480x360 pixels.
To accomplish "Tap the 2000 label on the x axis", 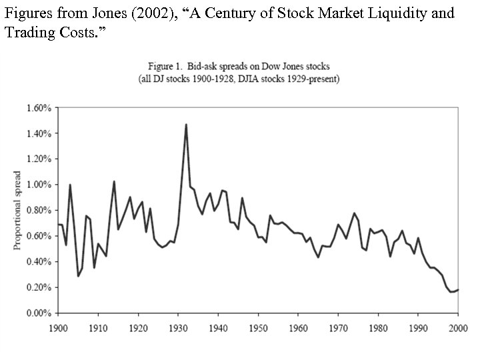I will (457, 328).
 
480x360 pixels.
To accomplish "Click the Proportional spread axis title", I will (18, 210).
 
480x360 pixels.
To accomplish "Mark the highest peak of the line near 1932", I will (186, 124).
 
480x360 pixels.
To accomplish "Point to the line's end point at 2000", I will (458, 289).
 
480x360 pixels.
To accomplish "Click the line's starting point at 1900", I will (58, 225).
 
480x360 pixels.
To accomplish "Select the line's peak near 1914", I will (114, 181).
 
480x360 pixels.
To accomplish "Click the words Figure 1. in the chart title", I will (164, 67).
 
